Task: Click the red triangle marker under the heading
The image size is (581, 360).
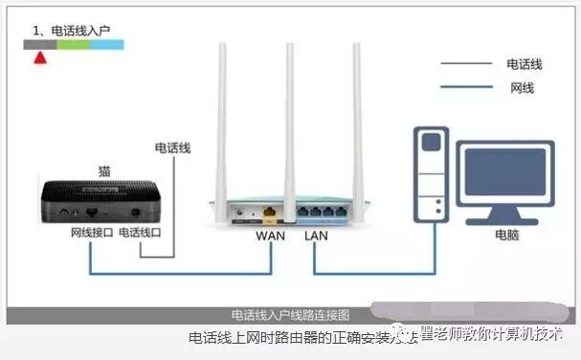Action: [x=39, y=56]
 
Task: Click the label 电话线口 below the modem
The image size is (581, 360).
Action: [x=140, y=234]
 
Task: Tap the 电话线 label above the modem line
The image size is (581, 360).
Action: [x=173, y=148]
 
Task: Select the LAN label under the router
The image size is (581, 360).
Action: [x=316, y=235]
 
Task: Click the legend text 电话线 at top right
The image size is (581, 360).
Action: [x=525, y=64]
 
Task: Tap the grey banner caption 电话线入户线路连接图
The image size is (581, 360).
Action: [x=291, y=315]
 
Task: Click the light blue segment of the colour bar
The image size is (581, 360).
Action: [x=106, y=44]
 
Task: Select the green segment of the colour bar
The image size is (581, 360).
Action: [x=73, y=44]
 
